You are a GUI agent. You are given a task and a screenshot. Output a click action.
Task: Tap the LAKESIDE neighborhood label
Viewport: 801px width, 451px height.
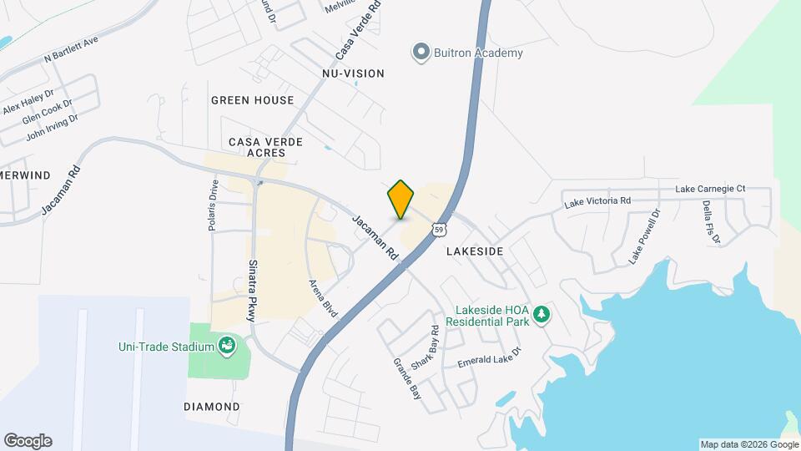pos(475,251)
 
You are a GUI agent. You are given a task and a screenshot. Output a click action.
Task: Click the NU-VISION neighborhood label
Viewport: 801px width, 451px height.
pos(353,73)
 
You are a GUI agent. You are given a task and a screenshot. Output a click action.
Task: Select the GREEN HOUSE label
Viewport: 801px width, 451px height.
pos(252,100)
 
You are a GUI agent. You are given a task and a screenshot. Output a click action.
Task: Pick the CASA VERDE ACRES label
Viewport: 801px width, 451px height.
pos(265,148)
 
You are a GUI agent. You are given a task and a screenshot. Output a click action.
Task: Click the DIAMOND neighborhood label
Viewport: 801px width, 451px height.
pos(212,407)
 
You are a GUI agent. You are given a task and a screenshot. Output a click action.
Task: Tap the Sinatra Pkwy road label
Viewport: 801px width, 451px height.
pos(252,290)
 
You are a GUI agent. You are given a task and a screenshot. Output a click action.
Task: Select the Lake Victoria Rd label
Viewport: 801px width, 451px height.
pos(597,201)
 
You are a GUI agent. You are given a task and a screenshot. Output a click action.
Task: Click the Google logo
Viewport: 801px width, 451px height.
pos(28,441)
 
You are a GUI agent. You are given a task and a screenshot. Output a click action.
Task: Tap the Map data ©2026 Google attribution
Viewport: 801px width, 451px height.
pos(749,444)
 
